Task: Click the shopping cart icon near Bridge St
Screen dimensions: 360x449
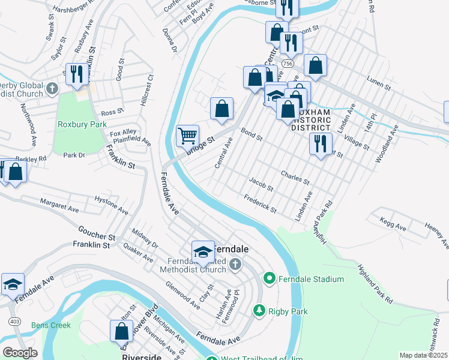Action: [187, 136]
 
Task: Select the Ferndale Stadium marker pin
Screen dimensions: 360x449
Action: [269, 278]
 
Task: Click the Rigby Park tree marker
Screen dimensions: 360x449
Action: [259, 311]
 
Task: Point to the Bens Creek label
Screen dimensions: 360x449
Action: [52, 325]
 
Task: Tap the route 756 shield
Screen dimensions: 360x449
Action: [289, 63]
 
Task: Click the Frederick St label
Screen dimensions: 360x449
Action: [260, 204]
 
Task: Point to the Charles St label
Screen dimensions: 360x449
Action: [295, 177]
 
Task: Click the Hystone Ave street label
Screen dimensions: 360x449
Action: [111, 205]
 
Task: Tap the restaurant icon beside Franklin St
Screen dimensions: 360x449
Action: [76, 73]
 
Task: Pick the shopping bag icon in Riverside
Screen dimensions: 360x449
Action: [121, 331]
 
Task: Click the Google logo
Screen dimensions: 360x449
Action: [20, 353]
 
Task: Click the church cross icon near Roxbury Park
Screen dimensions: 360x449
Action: [52, 89]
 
